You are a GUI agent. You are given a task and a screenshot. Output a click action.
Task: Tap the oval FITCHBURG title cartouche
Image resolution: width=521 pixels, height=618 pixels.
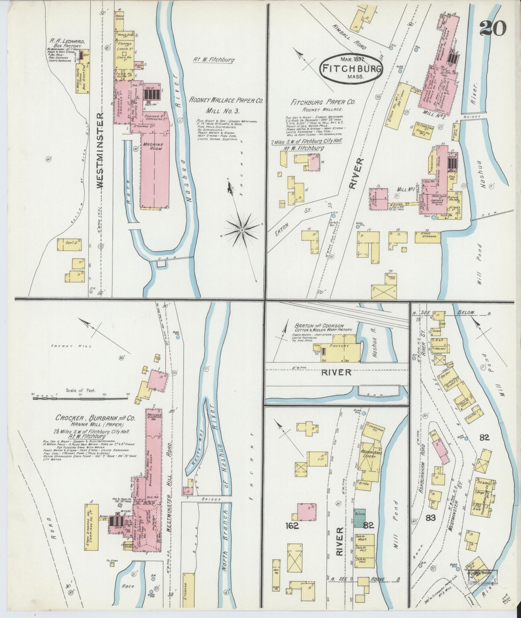coord(351,68)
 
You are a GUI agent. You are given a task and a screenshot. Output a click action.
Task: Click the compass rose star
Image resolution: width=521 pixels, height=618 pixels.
coord(241,229)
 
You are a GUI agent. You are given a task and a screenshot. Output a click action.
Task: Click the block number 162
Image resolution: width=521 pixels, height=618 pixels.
coord(292,526)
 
